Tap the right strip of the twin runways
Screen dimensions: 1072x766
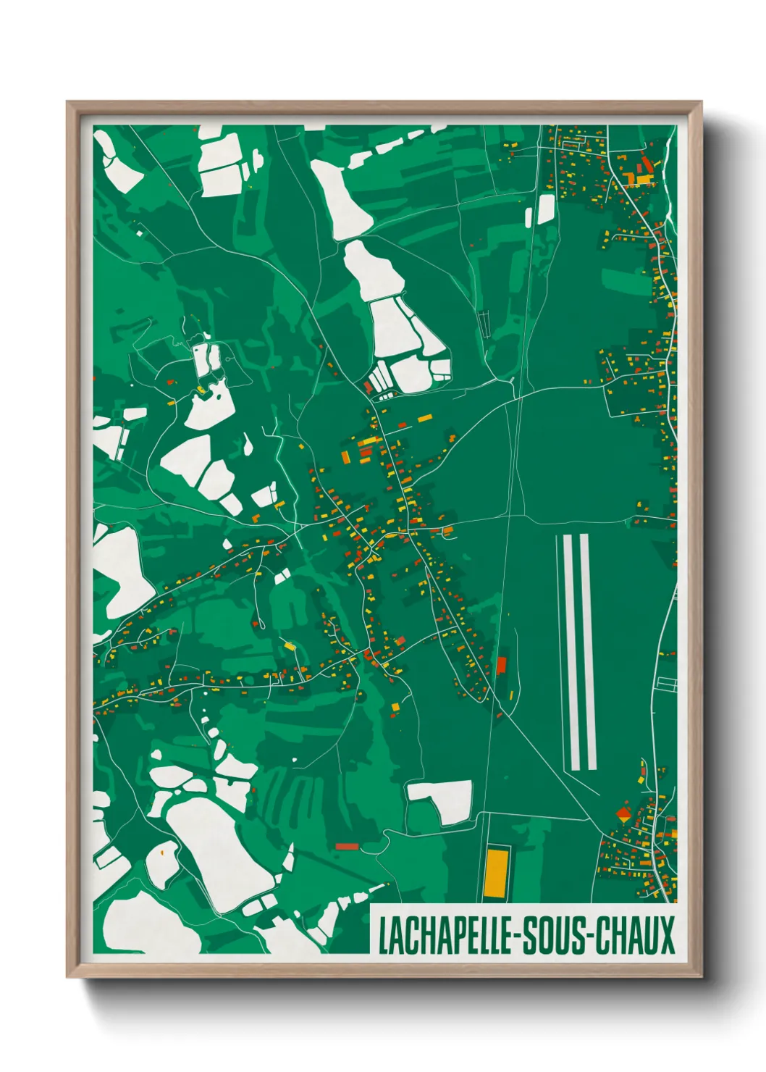pos(588,652)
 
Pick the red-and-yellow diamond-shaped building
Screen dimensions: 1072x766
pos(623,816)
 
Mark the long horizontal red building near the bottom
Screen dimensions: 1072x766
pos(347,846)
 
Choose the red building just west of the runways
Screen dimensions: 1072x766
pos(501,665)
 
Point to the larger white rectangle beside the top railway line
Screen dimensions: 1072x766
pos(545,208)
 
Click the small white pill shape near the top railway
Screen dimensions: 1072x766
pos(529,216)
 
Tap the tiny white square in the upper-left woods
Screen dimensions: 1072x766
pos(140,233)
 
